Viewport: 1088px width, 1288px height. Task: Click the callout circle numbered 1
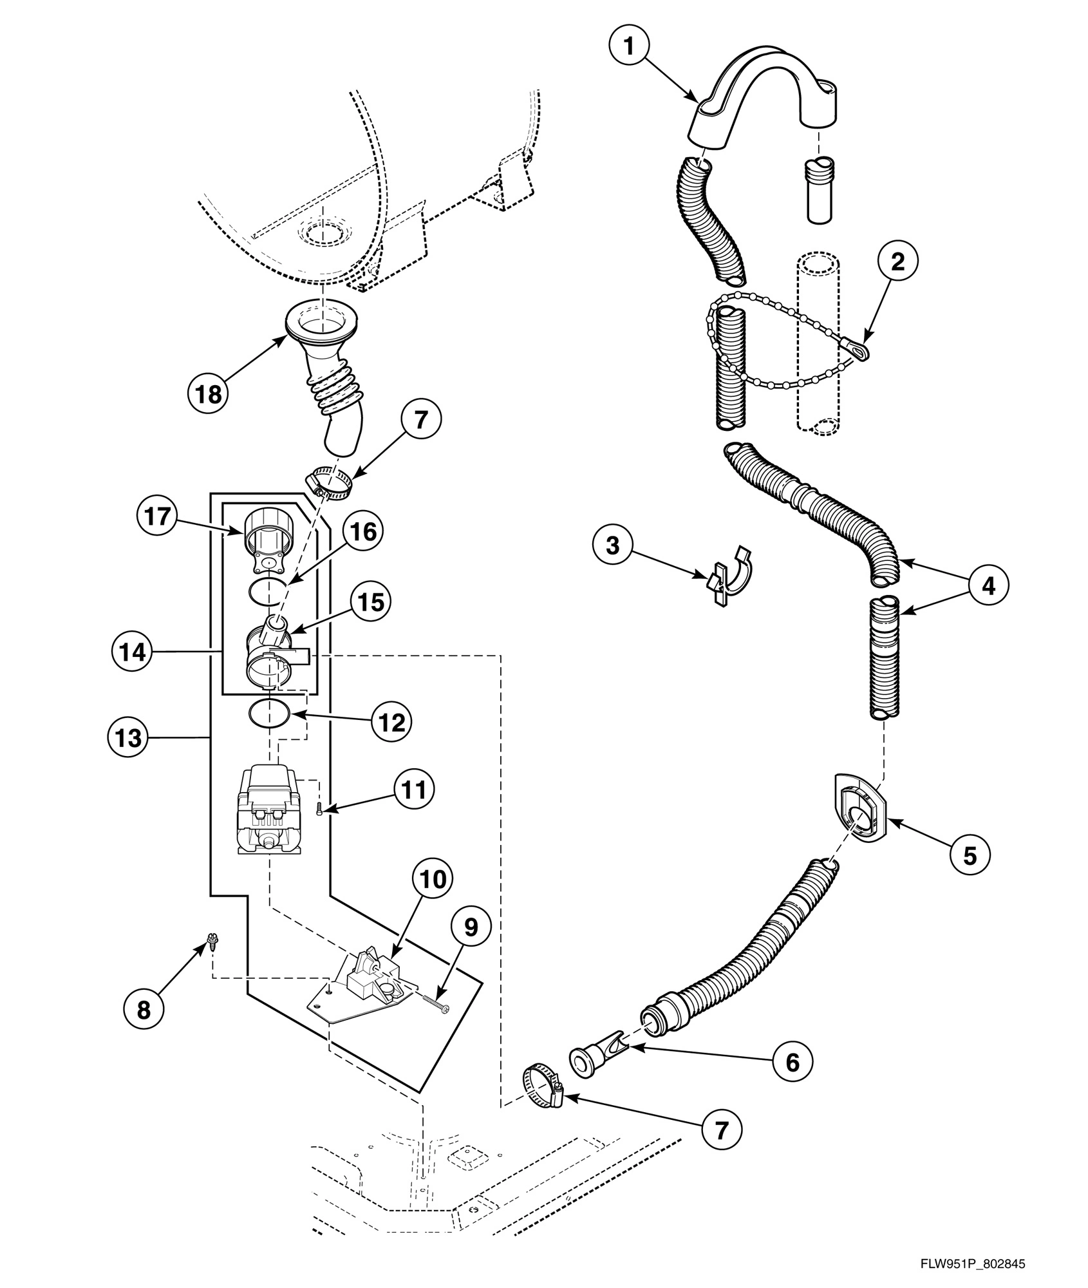click(629, 46)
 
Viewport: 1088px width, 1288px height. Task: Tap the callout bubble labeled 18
click(209, 393)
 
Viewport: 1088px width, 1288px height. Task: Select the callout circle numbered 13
click(128, 737)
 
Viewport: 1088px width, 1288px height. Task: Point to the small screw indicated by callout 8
click(210, 943)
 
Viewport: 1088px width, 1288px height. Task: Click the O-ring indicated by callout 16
click(266, 591)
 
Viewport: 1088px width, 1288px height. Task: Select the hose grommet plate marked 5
click(859, 817)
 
